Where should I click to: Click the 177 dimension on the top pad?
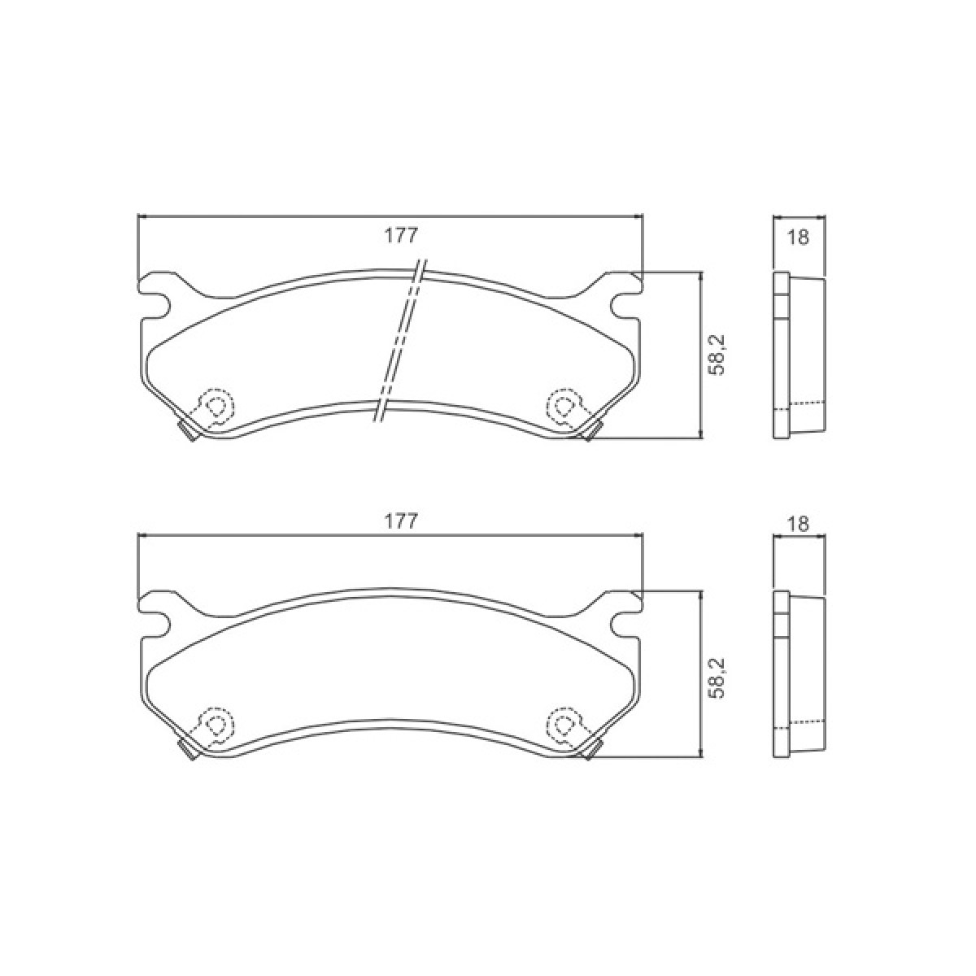(x=399, y=236)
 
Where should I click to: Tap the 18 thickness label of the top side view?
(x=799, y=238)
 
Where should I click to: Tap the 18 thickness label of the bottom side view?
(x=799, y=525)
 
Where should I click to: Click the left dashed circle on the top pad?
(x=216, y=405)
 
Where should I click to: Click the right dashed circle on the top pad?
(x=563, y=405)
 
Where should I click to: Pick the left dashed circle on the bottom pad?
(x=216, y=724)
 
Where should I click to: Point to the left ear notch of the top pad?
(x=157, y=306)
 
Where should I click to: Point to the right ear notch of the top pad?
(x=625, y=306)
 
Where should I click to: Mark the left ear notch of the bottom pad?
(x=157, y=625)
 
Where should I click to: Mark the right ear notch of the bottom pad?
(x=625, y=625)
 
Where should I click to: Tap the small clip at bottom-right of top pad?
(x=593, y=434)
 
